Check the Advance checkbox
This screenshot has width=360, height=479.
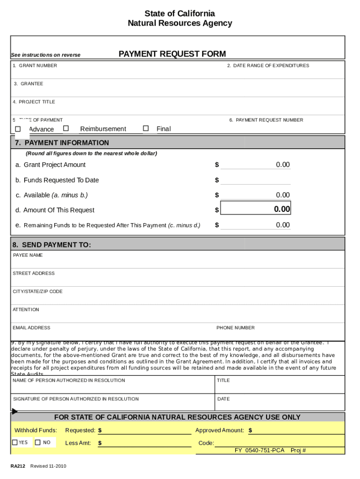coord(18,129)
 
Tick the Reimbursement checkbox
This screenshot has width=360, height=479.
coord(66,128)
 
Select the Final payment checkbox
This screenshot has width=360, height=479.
coord(146,128)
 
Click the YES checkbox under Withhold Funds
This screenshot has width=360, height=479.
coord(15,442)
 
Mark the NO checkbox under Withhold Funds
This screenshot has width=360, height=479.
coord(37,442)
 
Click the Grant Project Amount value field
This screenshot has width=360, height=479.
coord(255,165)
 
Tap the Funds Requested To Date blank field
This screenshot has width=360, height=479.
coord(255,180)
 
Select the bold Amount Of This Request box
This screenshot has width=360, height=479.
coord(255,209)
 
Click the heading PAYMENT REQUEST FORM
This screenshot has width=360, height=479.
coord(172,54)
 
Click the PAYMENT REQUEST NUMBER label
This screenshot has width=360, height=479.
coord(266,120)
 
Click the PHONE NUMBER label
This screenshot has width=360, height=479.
coord(235,328)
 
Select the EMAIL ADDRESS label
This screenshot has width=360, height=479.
coord(31,328)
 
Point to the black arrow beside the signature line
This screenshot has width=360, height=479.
coord(14,412)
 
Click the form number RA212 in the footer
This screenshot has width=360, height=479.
coord(18,466)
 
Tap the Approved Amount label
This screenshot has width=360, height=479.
coord(219,430)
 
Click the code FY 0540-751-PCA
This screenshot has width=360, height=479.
coord(259,450)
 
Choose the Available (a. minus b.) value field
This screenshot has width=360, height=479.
coord(255,195)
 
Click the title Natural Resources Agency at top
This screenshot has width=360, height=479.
coord(180,23)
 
